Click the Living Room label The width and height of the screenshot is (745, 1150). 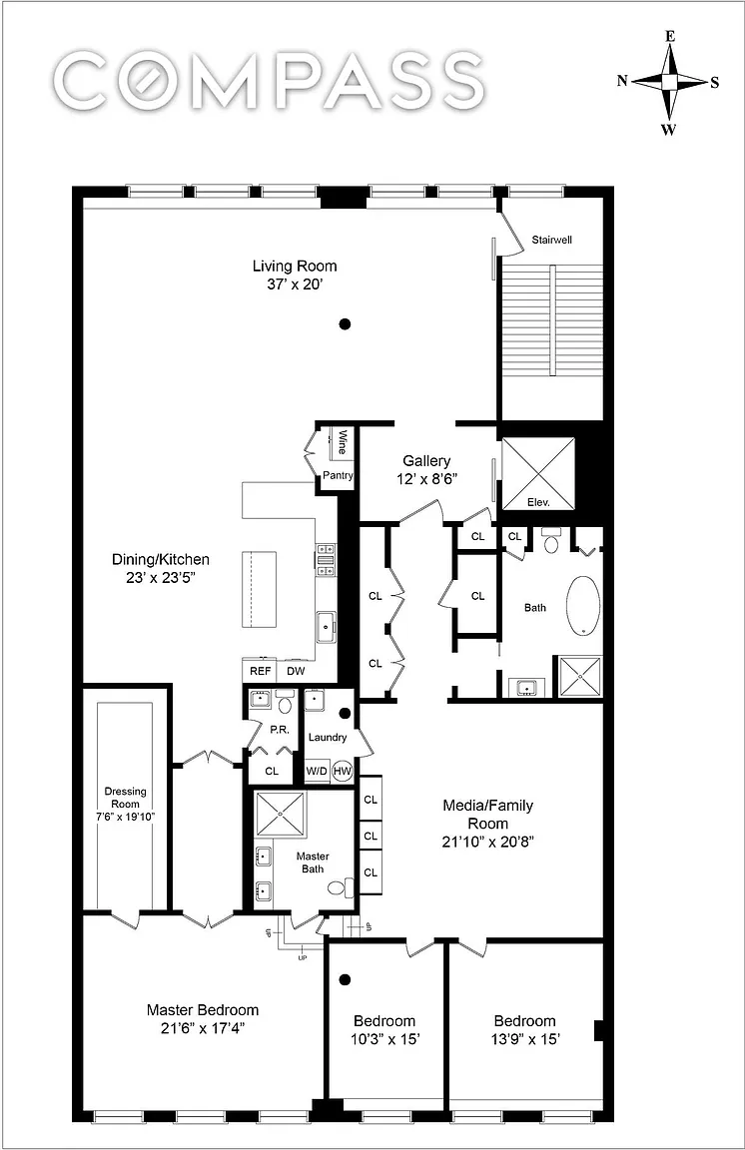coord(295,267)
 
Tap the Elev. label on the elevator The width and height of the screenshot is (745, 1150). coord(538,502)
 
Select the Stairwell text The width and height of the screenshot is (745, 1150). coord(552,240)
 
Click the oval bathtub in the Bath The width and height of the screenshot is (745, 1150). coord(584,605)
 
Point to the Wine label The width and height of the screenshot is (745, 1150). coord(342,442)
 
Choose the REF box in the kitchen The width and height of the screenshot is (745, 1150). coord(260,671)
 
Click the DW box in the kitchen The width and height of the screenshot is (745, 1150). coord(296,671)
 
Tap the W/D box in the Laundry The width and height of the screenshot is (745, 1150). coord(317,771)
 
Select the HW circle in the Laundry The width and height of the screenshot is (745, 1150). coord(343,771)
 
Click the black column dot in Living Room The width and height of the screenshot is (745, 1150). coord(345,323)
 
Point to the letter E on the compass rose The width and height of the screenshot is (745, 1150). coord(669,36)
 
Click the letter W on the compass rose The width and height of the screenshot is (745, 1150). coord(668,131)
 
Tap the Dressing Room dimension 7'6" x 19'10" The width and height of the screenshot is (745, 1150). coord(126,817)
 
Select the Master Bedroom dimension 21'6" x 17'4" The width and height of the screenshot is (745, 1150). coord(203,1028)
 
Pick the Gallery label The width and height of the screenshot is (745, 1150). coord(426,460)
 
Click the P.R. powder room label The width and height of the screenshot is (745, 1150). coord(280,730)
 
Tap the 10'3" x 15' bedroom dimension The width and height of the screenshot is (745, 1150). coord(384,1039)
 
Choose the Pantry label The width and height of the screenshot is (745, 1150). coord(339,475)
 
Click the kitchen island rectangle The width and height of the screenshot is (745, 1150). coord(259,589)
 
